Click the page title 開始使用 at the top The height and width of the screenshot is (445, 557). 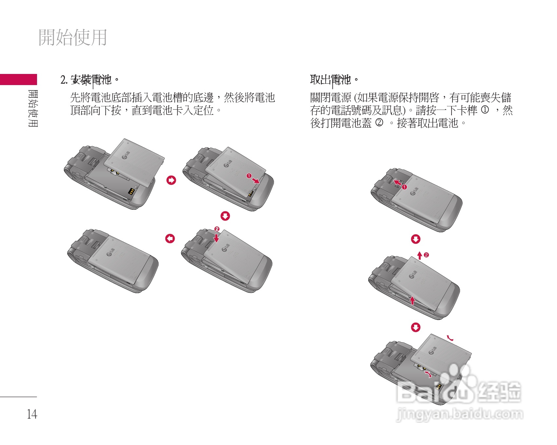[73, 37]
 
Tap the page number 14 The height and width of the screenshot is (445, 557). [32, 414]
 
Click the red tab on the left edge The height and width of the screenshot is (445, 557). [18, 80]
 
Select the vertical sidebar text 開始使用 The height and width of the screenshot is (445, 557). [33, 108]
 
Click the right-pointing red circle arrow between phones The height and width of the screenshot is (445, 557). [171, 180]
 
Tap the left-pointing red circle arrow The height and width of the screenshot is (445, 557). [170, 239]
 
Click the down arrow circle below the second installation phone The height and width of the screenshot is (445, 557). [225, 216]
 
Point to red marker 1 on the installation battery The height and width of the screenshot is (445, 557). [249, 176]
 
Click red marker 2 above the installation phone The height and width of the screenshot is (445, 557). [217, 229]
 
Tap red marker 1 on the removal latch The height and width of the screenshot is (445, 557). [404, 187]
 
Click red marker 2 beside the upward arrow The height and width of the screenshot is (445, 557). [426, 255]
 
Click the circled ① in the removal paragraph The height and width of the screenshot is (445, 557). [485, 110]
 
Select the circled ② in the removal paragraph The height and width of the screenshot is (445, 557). [379, 123]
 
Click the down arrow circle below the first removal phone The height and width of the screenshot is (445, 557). [415, 239]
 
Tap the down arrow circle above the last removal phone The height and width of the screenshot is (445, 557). [415, 328]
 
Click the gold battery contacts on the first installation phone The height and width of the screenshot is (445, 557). [131, 191]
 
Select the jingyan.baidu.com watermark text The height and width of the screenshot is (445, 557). [459, 415]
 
